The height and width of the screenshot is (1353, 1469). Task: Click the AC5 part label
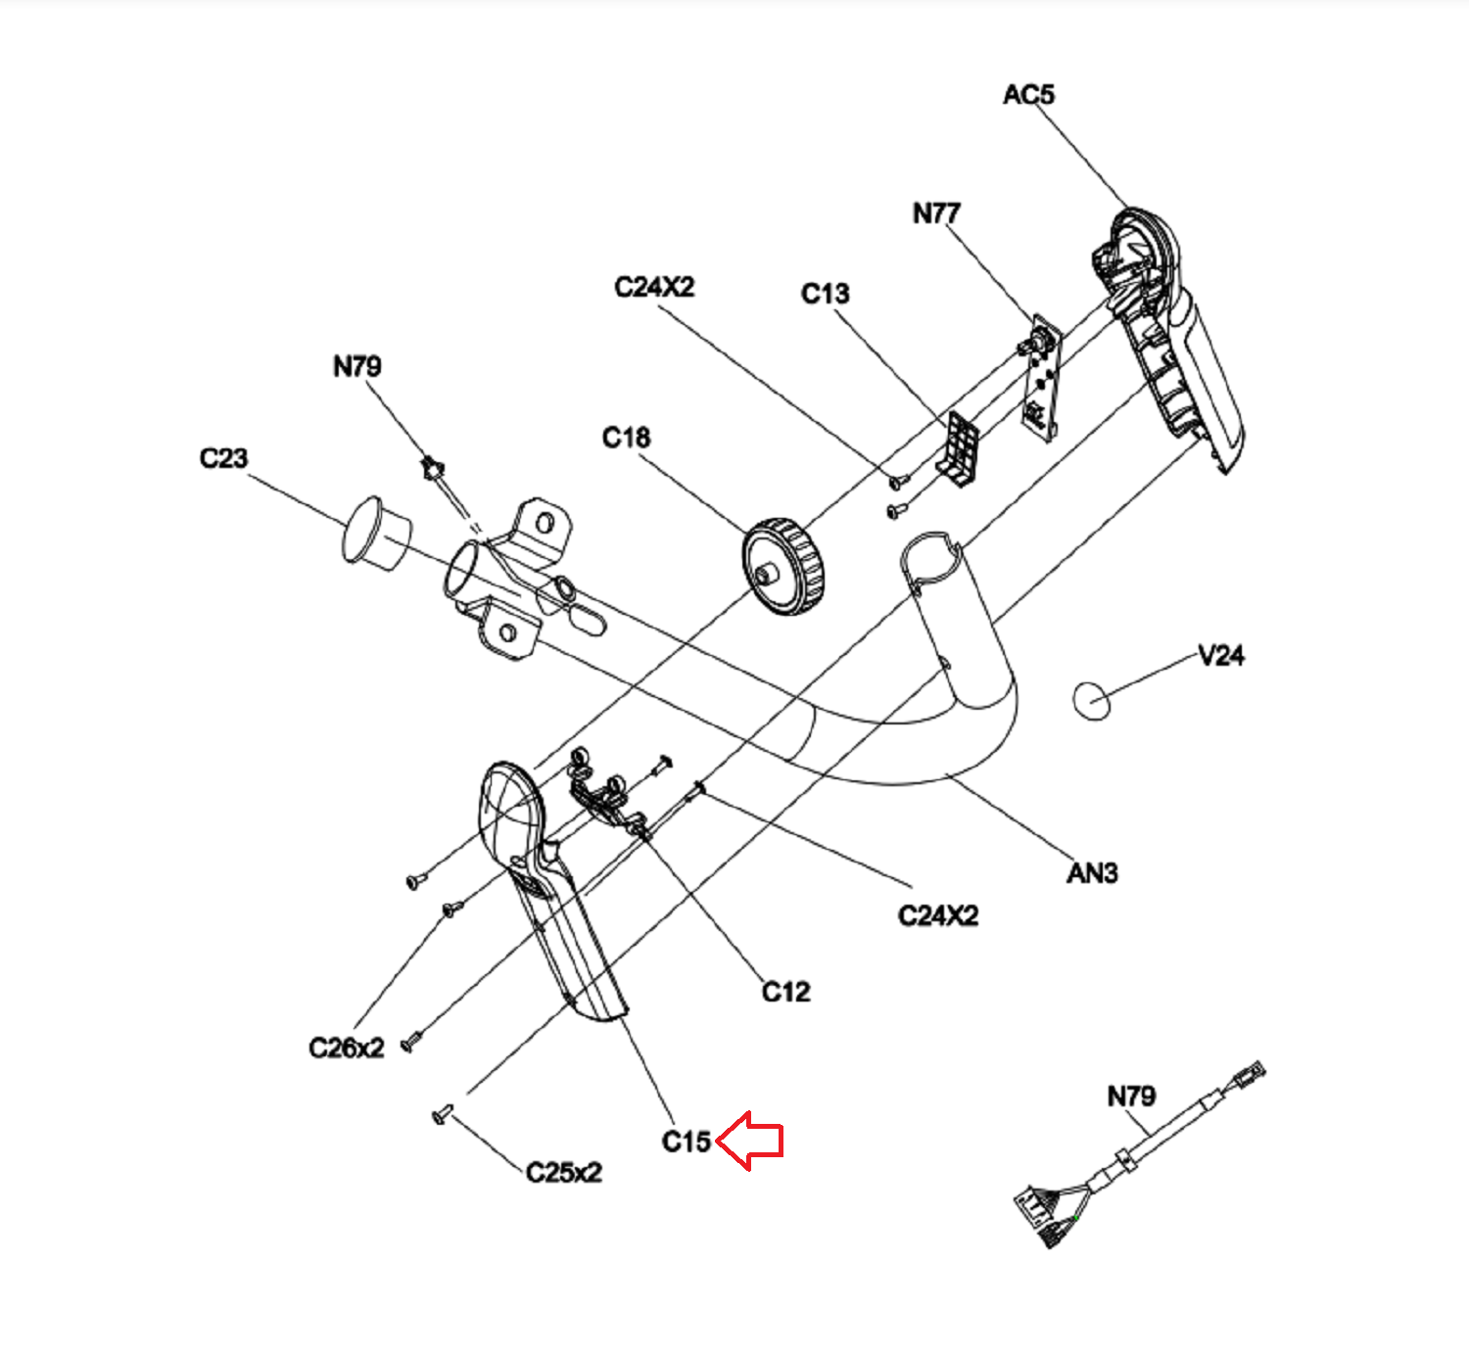click(x=1028, y=95)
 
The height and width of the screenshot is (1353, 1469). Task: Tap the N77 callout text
click(x=936, y=213)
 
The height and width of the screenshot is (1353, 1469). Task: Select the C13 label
click(x=825, y=294)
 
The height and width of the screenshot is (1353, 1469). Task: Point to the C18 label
click(x=626, y=438)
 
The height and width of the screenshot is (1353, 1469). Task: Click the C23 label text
click(x=223, y=458)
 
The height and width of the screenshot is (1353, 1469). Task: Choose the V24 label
click(x=1221, y=656)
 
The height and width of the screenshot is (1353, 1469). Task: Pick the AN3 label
click(x=1092, y=872)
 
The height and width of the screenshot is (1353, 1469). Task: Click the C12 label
click(x=785, y=993)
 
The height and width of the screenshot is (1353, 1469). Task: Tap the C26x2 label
click(x=347, y=1049)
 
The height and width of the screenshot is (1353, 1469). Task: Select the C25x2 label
click(x=563, y=1173)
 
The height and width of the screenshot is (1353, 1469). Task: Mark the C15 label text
click(x=686, y=1142)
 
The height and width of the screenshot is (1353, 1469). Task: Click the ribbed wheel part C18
click(x=783, y=567)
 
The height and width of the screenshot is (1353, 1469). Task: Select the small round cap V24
click(x=1091, y=699)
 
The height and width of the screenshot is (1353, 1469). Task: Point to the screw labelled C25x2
click(x=443, y=1114)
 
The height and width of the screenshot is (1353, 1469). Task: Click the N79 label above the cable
click(x=1131, y=1096)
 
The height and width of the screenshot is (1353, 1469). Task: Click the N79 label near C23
click(x=356, y=367)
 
